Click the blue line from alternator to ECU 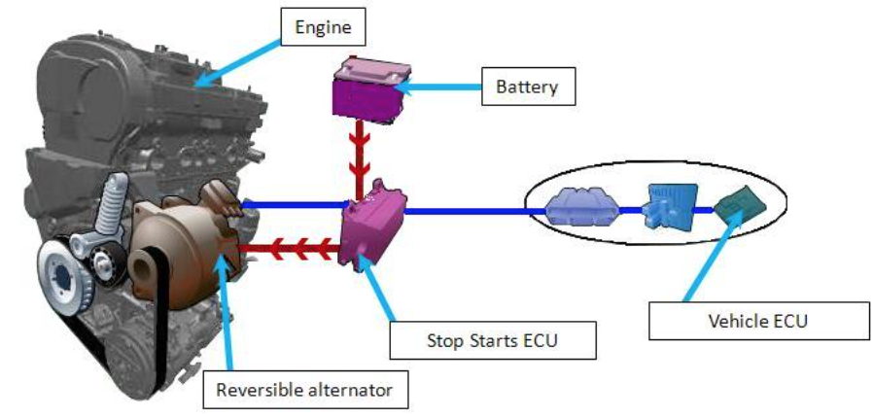click(296, 204)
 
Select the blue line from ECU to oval click(467, 210)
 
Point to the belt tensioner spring click(115, 200)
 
